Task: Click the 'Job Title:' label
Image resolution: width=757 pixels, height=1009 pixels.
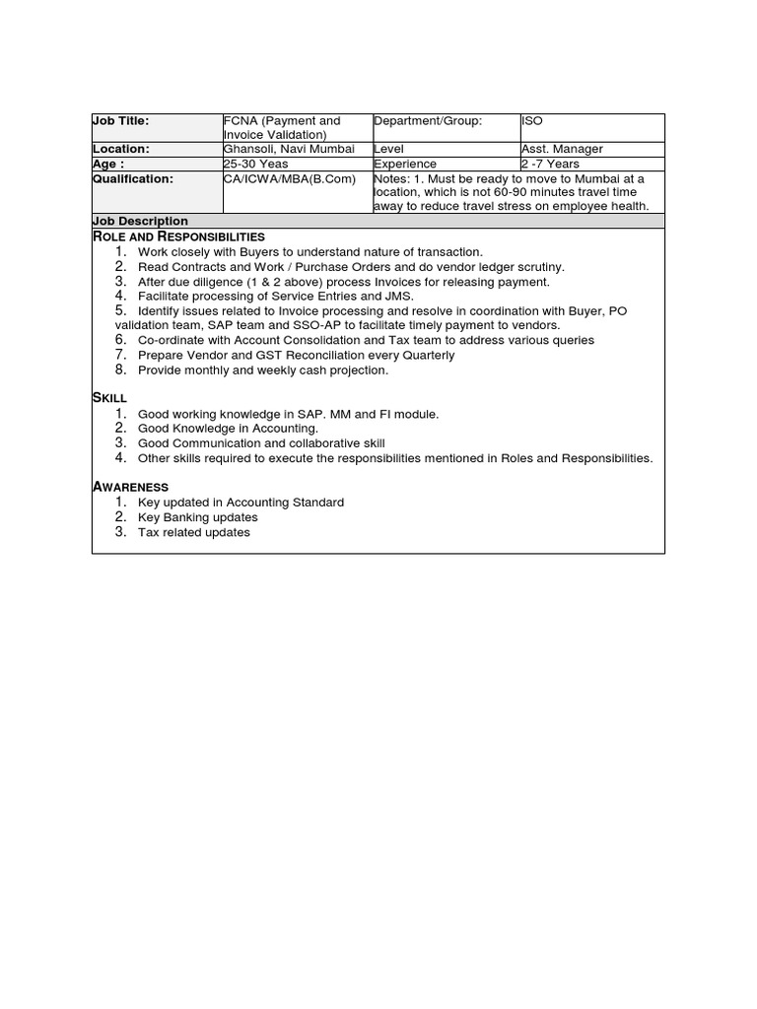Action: (x=120, y=121)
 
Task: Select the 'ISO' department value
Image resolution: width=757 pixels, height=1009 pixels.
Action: (x=533, y=121)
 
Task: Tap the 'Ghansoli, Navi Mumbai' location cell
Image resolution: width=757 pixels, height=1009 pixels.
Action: (x=289, y=149)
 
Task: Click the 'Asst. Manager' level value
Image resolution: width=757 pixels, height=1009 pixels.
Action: (x=562, y=149)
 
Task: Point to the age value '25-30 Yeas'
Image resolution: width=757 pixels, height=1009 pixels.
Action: (x=255, y=164)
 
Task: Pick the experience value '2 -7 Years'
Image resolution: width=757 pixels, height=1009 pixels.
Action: (x=550, y=164)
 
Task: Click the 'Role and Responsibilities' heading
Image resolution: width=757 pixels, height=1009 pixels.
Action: (x=178, y=236)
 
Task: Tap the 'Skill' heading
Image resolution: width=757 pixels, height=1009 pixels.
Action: (x=109, y=397)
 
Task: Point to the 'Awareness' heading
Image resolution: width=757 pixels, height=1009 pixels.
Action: (x=130, y=487)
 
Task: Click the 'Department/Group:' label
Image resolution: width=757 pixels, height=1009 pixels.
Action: (x=428, y=121)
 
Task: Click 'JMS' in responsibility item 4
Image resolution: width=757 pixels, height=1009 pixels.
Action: (x=400, y=296)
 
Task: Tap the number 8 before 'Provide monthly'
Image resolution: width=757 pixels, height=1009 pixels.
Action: (x=121, y=370)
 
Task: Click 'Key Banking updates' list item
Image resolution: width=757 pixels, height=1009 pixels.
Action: (x=197, y=517)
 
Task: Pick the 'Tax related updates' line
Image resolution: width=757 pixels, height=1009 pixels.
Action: (x=193, y=532)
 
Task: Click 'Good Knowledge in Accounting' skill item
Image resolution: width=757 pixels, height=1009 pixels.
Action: (x=228, y=429)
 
